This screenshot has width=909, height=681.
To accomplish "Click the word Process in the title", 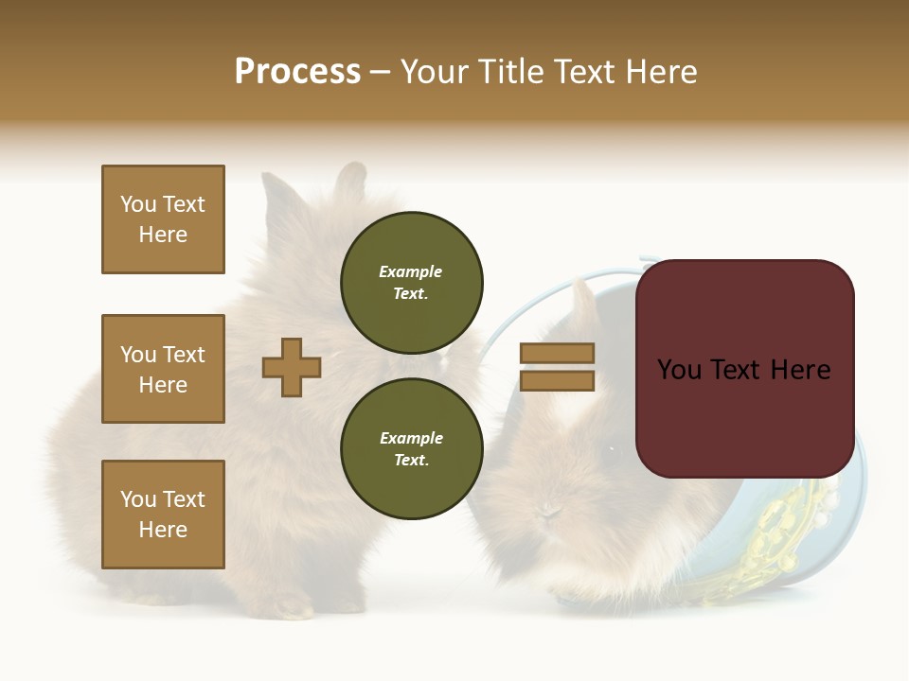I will click(x=297, y=72).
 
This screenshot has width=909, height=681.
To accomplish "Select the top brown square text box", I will click(x=163, y=219).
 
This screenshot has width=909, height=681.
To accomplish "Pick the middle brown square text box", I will click(x=163, y=369).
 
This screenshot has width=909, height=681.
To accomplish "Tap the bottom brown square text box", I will click(x=163, y=515).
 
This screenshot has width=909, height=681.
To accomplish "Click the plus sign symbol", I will click(x=292, y=367).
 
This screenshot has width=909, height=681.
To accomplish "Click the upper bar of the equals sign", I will click(x=557, y=353).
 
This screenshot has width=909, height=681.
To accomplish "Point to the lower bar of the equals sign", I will click(x=557, y=380).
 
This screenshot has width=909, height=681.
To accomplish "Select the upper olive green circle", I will click(x=411, y=282).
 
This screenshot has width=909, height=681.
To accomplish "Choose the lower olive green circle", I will click(x=411, y=448).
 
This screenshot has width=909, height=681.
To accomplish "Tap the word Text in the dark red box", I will click(x=743, y=370).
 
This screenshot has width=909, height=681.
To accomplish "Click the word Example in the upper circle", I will click(x=410, y=271).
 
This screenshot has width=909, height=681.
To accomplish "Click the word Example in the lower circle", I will click(x=411, y=438).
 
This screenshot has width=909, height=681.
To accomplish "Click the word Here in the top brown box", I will click(x=163, y=235).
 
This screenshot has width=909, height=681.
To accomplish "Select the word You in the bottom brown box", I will click(x=138, y=499).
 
